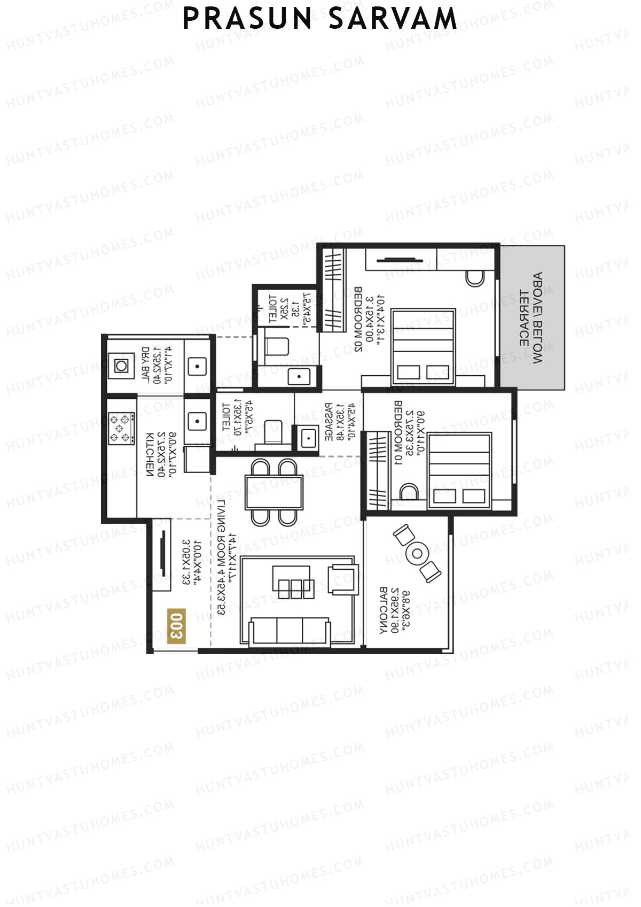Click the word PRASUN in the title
pyautogui.click(x=247, y=19)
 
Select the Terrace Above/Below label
pyautogui.click(x=531, y=319)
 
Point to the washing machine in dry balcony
pyautogui.click(x=121, y=366)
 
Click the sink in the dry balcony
pyautogui.click(x=197, y=367)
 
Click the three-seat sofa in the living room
pyautogui.click(x=289, y=631)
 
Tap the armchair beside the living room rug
pyautogui.click(x=343, y=579)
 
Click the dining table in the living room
pyautogui.click(x=274, y=492)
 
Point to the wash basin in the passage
pyautogui.click(x=308, y=438)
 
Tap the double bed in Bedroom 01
pyautogui.click(x=459, y=470)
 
